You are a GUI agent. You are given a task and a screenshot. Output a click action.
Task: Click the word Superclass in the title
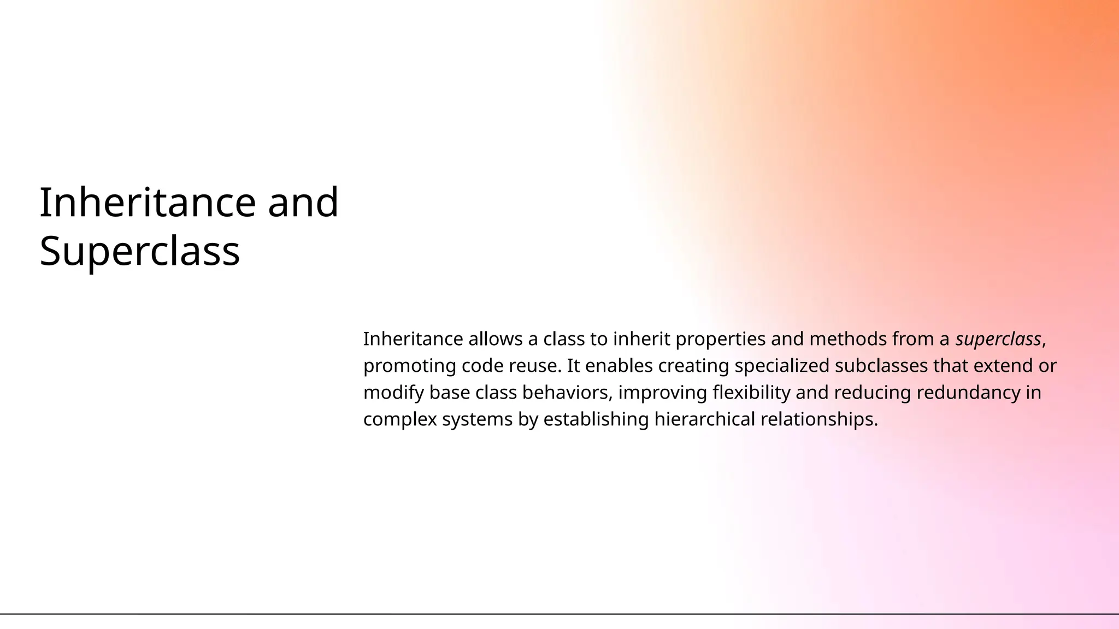(x=140, y=251)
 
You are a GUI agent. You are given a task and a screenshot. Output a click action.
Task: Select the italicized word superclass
(x=998, y=339)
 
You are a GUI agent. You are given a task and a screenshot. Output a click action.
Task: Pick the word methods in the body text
(x=848, y=339)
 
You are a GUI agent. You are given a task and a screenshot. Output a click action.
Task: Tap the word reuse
(x=535, y=366)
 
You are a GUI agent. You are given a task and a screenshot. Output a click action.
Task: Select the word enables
(x=619, y=366)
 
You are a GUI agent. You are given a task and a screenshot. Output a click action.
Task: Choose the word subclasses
(x=881, y=366)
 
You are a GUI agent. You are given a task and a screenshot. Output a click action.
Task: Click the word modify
(x=393, y=393)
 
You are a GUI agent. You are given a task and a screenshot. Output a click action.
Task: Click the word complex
(x=400, y=419)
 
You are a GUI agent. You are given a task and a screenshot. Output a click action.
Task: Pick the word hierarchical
(x=704, y=419)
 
